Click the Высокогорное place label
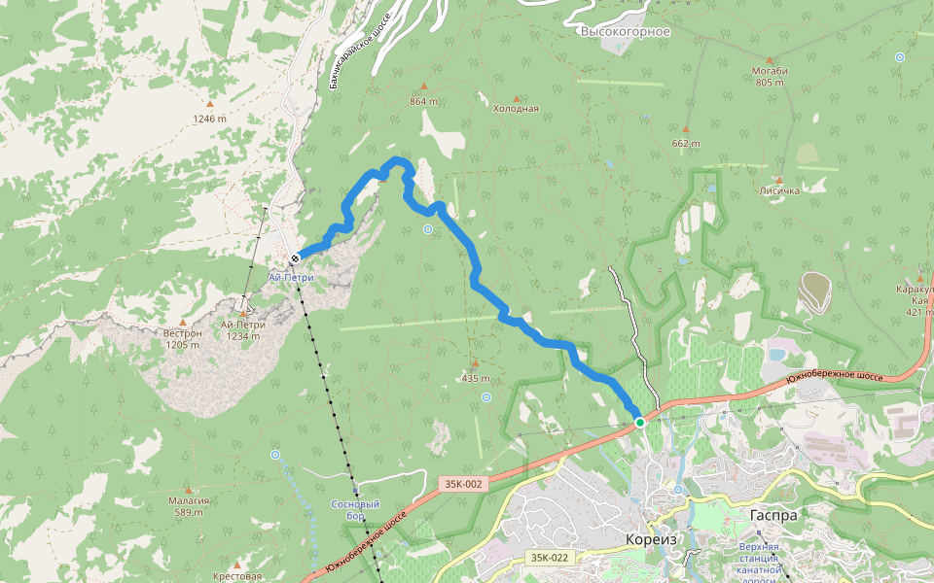626,32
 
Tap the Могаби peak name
769,72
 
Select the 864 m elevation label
423,101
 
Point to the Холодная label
516,109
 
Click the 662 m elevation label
685,144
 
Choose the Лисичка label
779,190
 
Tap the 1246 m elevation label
209,119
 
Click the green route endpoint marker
640,423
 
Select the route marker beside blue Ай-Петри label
294,258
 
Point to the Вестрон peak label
182,333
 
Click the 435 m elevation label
475,378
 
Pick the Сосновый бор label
355,510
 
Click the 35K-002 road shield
462,483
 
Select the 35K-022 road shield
550,558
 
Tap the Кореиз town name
650,540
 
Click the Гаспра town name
773,516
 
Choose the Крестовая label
237,576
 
